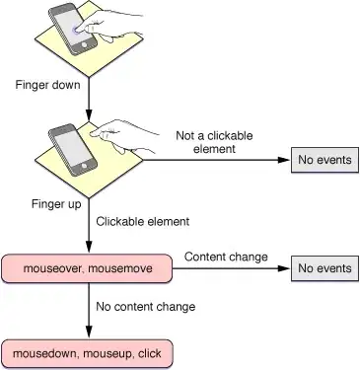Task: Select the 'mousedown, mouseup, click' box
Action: coord(88,352)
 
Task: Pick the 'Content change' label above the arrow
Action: coord(226,257)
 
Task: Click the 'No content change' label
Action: coord(145,307)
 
